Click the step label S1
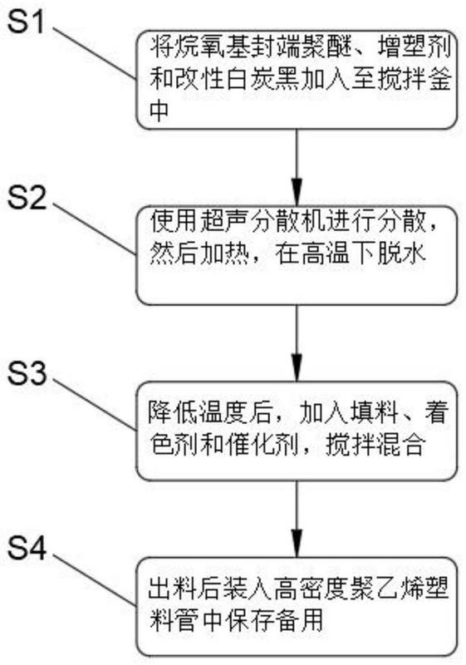27,22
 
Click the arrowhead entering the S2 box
297,194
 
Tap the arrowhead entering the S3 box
297,369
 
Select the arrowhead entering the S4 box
297,544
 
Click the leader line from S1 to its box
94,54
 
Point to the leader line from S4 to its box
94,580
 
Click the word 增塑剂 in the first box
412,47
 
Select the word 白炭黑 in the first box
262,78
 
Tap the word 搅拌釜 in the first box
414,78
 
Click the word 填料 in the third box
374,413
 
